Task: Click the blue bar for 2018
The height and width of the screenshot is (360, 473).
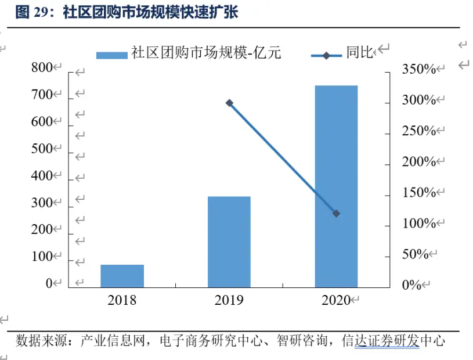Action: coord(122,276)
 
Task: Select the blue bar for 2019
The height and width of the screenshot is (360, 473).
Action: coord(229,242)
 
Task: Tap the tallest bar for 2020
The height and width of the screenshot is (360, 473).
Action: coord(336,186)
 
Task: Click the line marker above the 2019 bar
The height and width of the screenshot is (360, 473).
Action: coord(229,103)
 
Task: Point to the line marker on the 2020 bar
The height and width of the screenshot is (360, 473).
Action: coord(336,214)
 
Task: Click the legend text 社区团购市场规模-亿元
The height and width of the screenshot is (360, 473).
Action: coord(206,54)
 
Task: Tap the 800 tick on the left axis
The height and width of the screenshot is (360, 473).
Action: coord(42,68)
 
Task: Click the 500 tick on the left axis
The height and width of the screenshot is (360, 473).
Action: coord(42,149)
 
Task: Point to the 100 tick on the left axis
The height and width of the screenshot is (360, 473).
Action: coord(42,257)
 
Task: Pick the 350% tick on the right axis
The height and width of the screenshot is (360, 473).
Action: coord(418,69)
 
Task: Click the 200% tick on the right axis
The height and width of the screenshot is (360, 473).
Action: coord(418,161)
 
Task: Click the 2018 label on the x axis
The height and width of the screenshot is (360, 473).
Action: coord(122,300)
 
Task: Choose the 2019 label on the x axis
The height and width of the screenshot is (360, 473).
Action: coord(229,300)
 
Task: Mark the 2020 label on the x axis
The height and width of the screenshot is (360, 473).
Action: coord(336,300)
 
